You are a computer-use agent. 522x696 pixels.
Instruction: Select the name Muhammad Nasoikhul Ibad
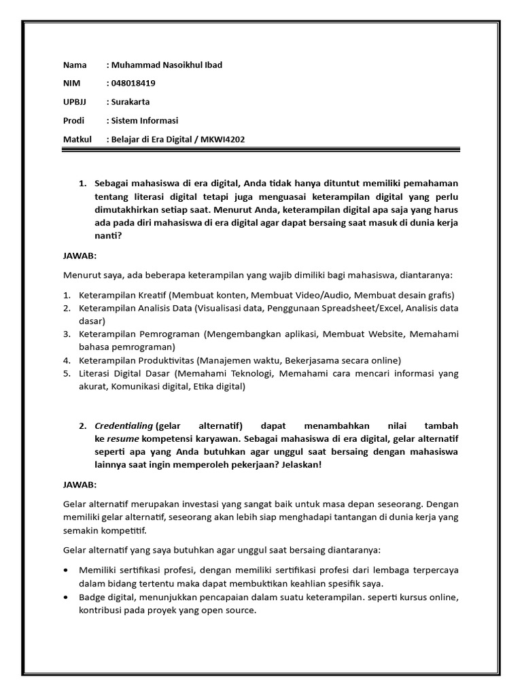[x=167, y=65]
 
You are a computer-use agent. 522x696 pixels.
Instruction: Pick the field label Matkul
[x=77, y=139]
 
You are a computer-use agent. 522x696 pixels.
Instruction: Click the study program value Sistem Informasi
[x=145, y=120]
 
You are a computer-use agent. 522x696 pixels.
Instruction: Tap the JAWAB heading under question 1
[x=80, y=256]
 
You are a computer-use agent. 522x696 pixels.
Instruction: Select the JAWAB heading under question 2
[x=80, y=485]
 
